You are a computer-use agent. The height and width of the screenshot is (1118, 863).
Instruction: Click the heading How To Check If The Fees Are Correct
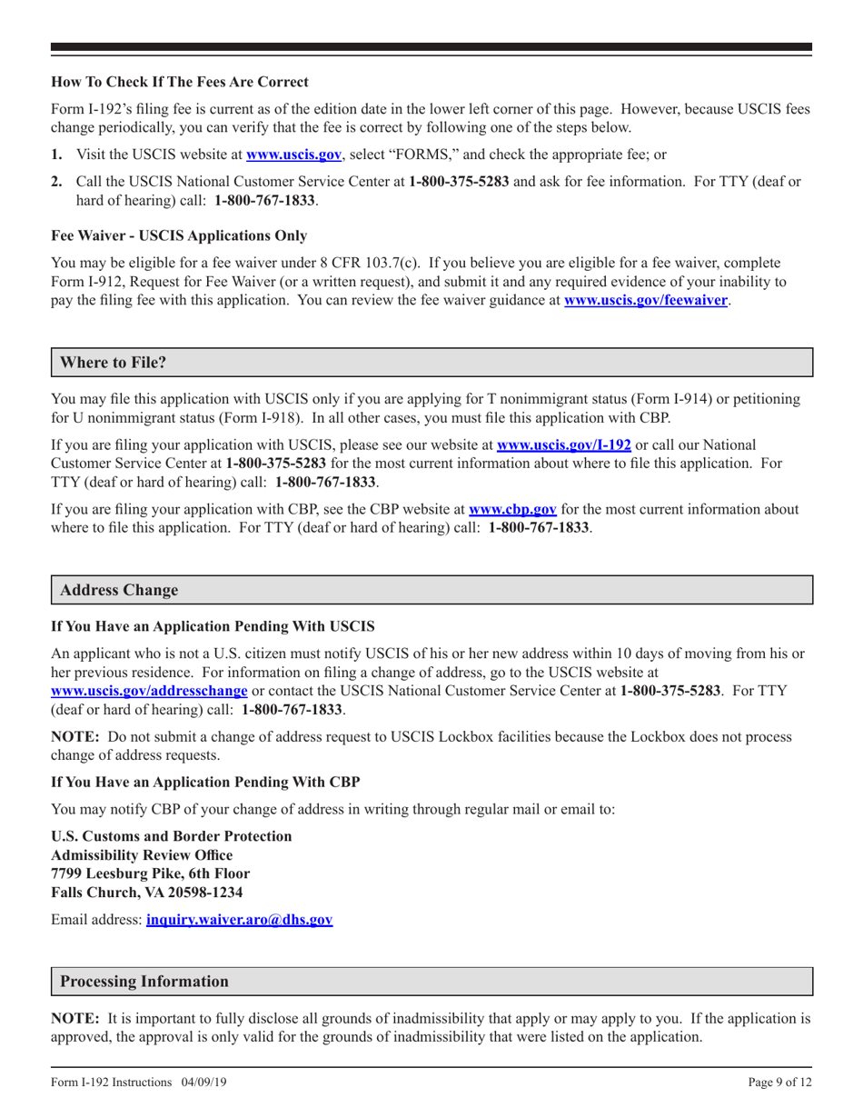pos(179,81)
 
